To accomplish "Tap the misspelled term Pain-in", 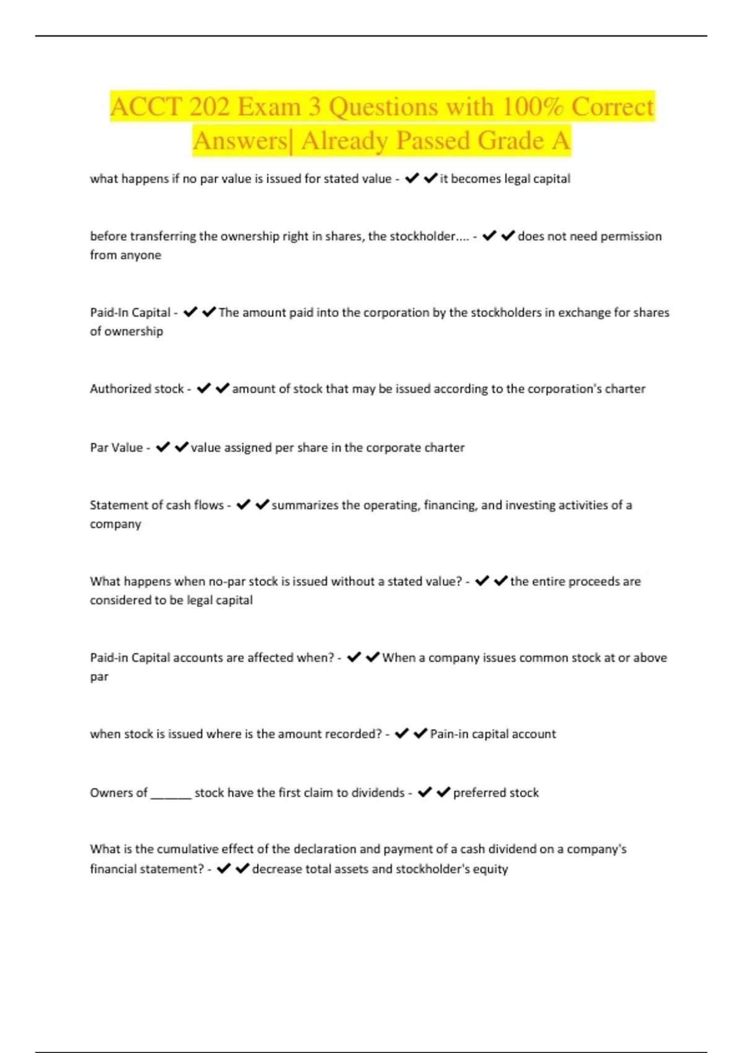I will pos(450,734).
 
